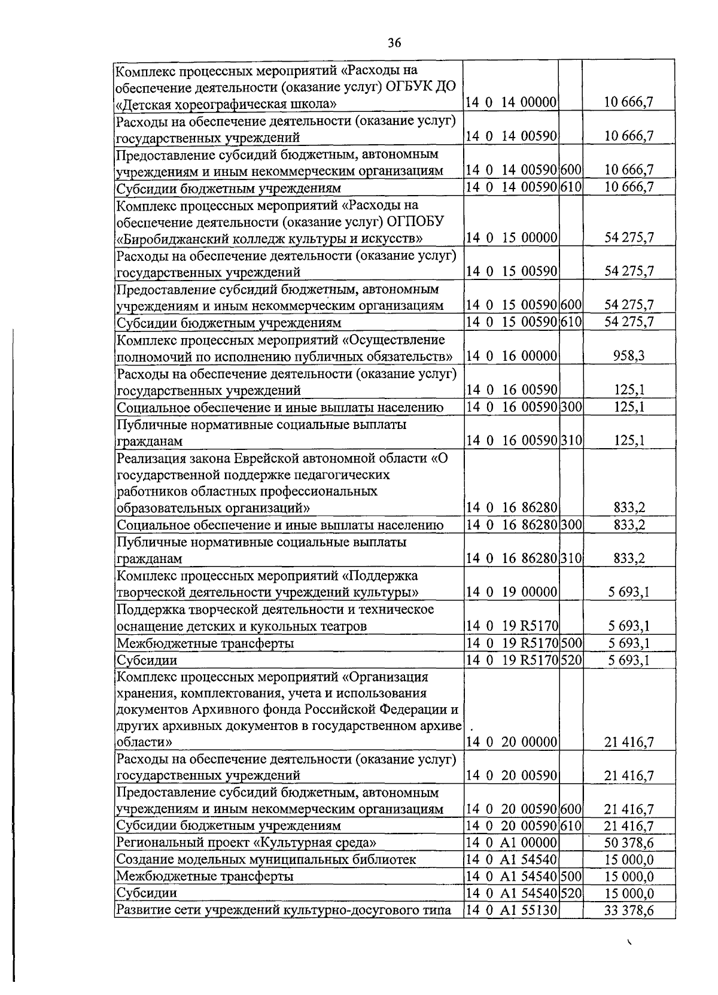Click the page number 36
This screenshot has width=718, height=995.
(394, 42)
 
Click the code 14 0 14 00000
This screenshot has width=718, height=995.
(512, 102)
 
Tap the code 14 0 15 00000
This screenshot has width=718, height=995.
(512, 238)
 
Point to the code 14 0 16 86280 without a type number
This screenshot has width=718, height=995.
(512, 508)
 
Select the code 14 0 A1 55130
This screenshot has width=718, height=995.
(512, 911)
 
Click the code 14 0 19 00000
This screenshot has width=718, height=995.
(512, 592)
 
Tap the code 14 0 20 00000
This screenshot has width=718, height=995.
(512, 743)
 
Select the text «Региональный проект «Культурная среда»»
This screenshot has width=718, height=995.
(247, 843)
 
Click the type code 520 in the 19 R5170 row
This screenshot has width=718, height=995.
(571, 661)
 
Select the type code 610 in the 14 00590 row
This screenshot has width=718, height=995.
(571, 187)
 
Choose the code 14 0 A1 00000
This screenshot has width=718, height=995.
(512, 843)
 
